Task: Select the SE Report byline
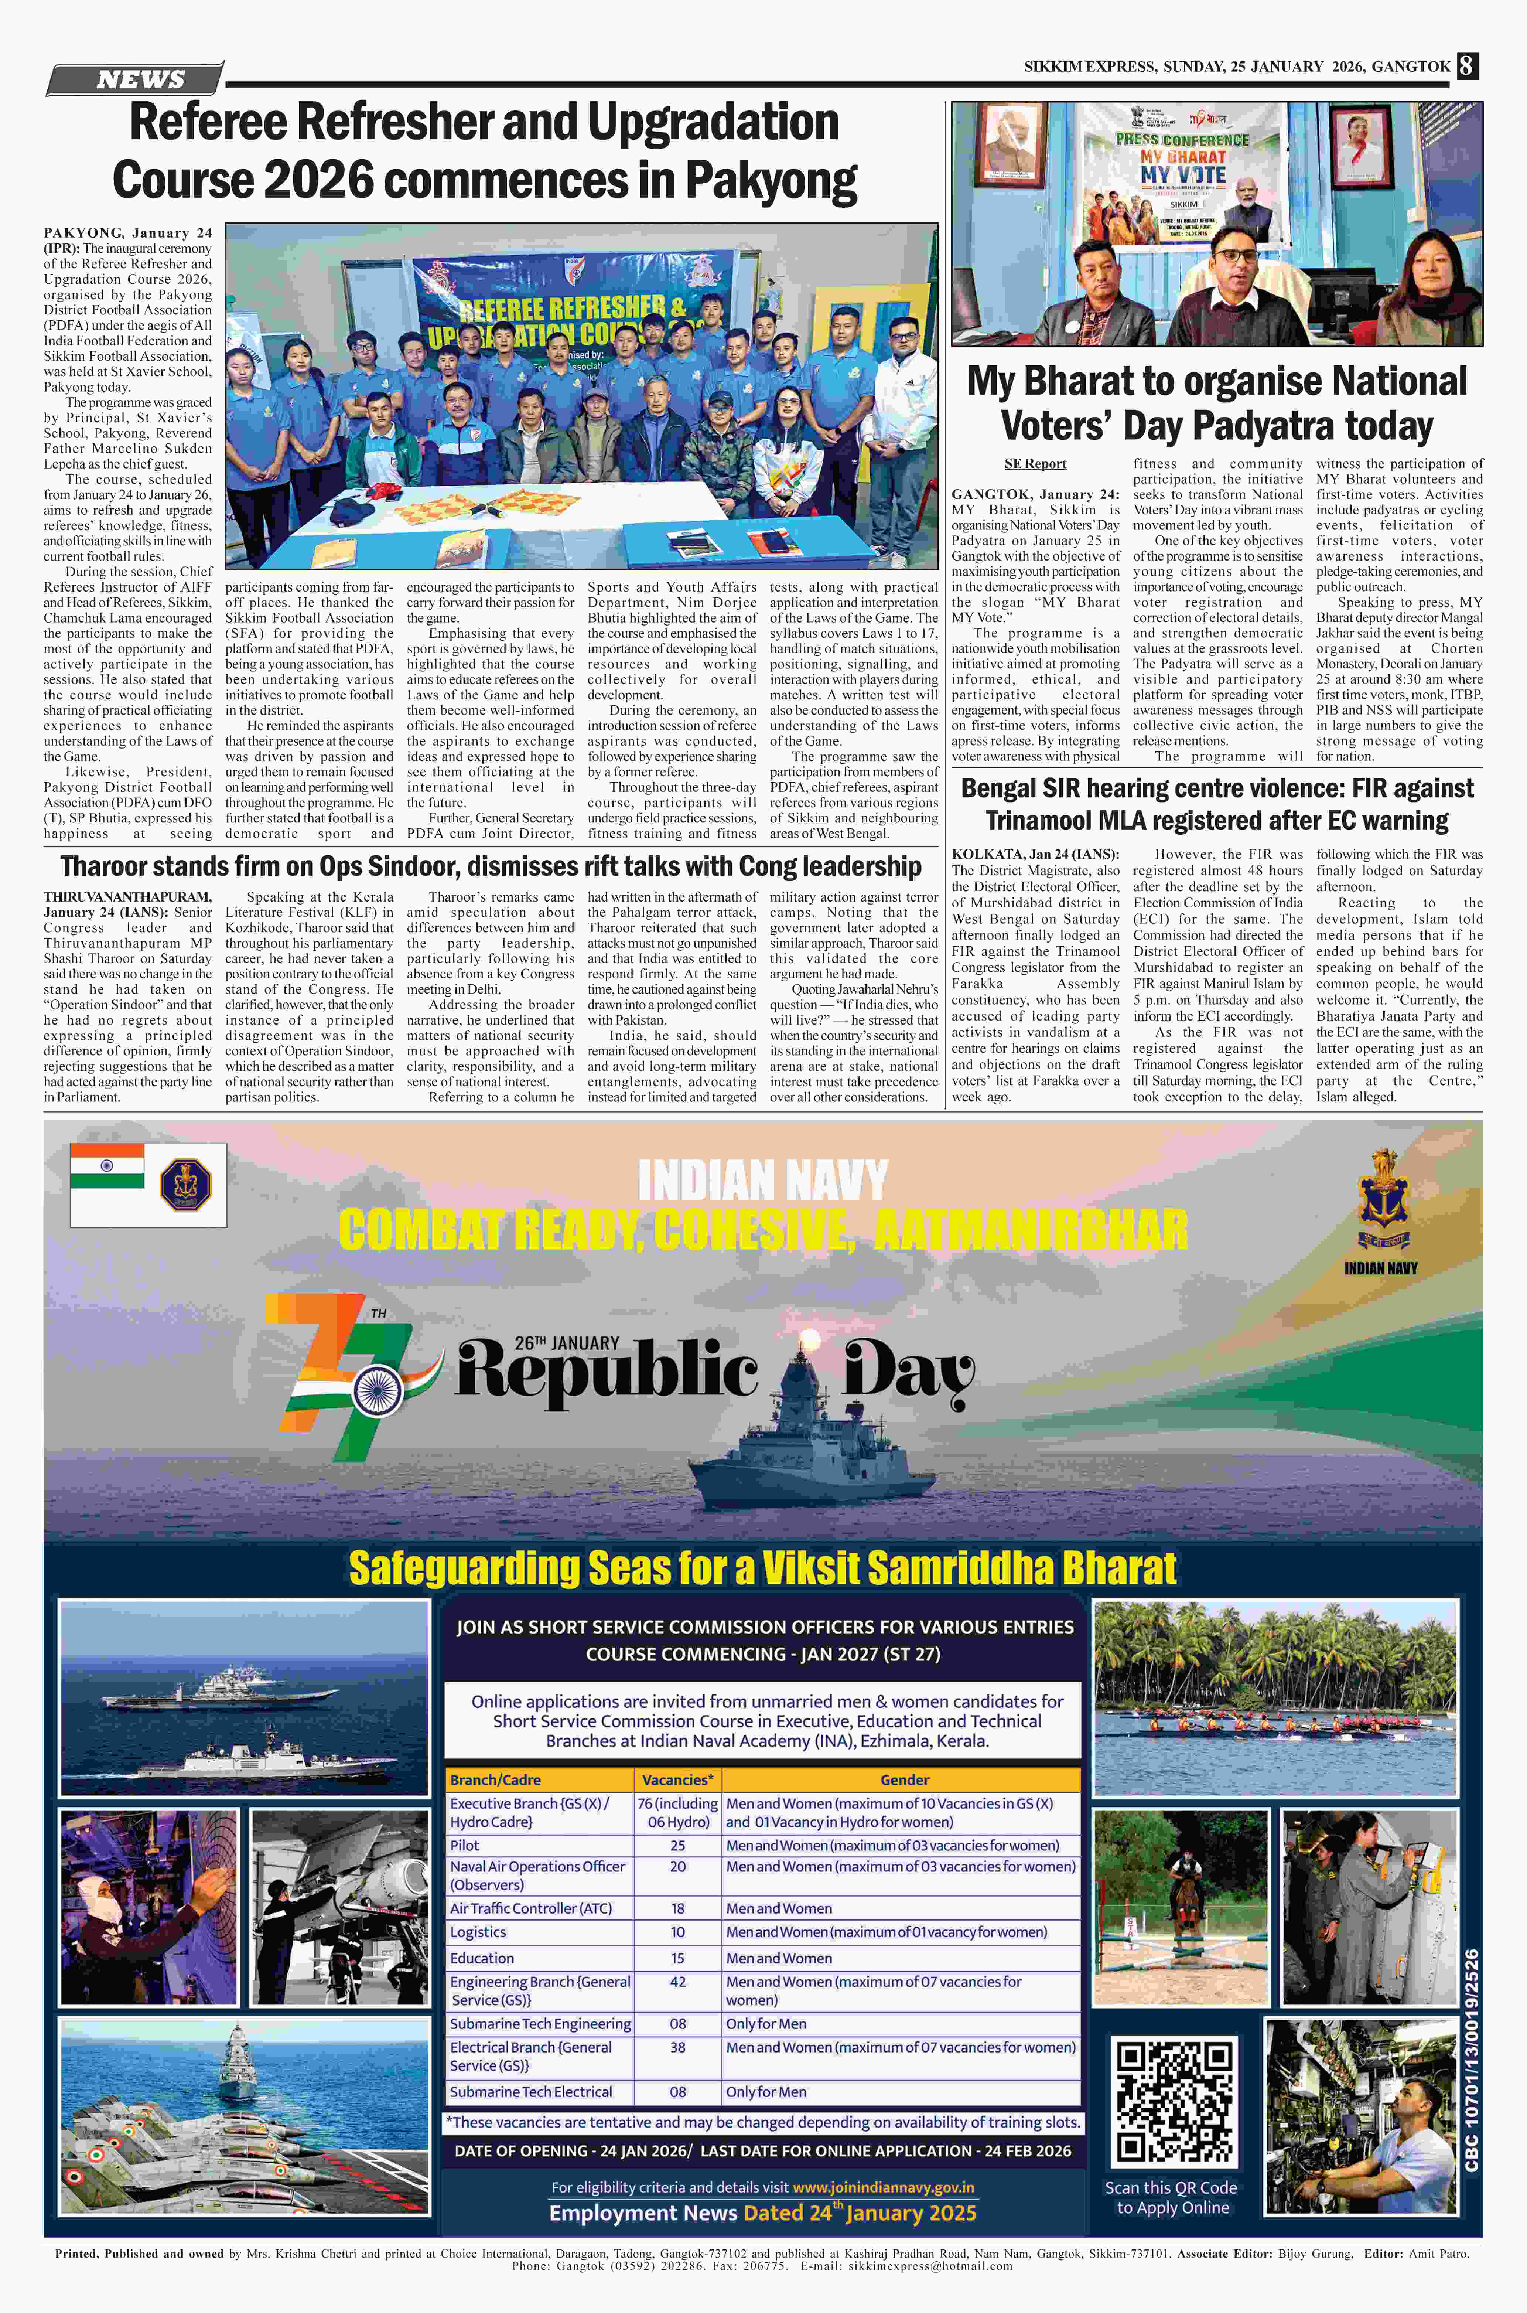click(1035, 464)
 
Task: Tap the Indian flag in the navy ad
click(107, 1166)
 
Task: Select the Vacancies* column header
click(678, 1779)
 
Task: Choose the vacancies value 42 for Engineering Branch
click(678, 1981)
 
